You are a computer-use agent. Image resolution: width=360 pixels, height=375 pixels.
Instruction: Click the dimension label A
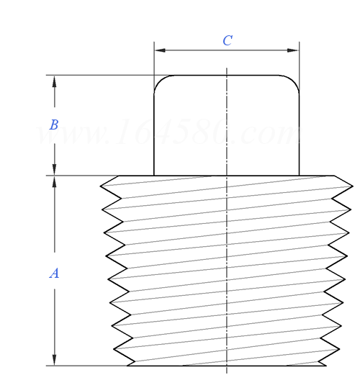[x=53, y=274]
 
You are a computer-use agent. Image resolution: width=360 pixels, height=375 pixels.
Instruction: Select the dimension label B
[x=53, y=125]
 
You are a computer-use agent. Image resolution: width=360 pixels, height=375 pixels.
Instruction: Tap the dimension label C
[x=227, y=41]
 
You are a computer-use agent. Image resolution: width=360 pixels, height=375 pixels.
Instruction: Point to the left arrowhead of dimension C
[x=159, y=50]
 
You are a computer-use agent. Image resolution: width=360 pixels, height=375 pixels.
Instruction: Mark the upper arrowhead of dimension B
[x=54, y=80]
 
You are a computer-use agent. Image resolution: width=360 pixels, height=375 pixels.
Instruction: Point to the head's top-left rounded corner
[x=159, y=80]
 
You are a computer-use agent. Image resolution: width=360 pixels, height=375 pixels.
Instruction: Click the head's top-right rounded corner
[x=294, y=80]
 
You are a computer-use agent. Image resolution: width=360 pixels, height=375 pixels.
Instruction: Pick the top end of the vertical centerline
[x=227, y=68]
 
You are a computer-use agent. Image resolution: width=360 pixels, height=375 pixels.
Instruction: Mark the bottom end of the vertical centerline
[x=227, y=371]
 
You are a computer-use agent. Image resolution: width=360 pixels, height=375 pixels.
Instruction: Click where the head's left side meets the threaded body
[x=154, y=176]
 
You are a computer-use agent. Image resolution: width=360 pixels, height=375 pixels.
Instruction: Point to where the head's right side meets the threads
[x=299, y=176]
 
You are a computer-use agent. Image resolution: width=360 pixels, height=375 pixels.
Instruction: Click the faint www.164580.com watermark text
[x=169, y=134]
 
